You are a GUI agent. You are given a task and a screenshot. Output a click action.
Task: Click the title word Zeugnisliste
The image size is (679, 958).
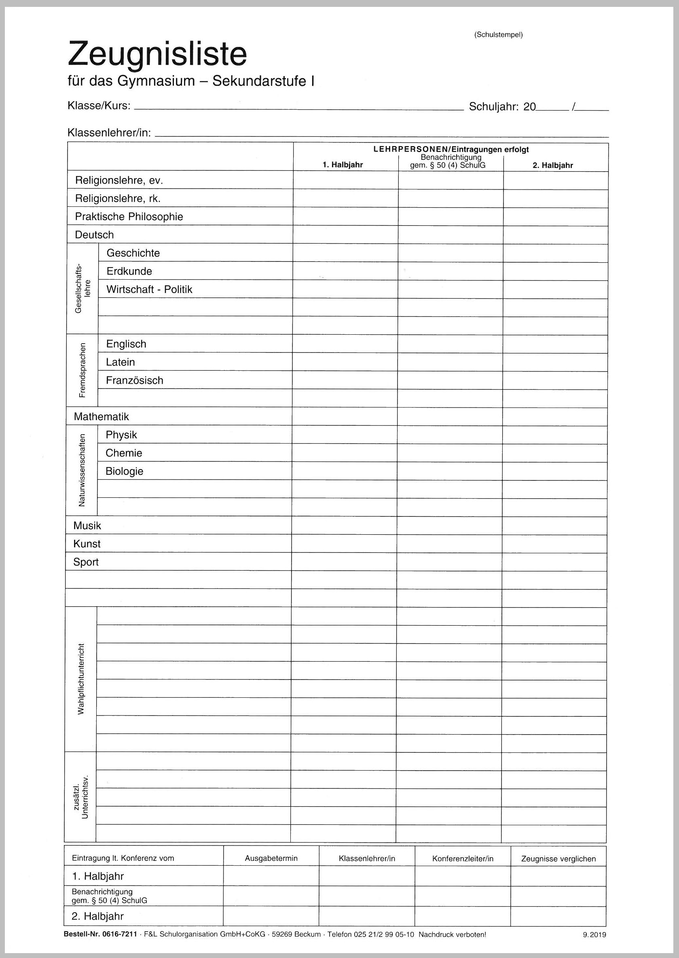tap(157, 54)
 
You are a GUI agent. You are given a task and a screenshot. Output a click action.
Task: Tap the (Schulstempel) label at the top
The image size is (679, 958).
tap(498, 35)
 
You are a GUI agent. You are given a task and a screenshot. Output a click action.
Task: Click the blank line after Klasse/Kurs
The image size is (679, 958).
tap(298, 107)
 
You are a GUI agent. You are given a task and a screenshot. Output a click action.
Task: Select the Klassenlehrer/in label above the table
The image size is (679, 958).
tap(109, 133)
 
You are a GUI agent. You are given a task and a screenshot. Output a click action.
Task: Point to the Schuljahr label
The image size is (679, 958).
tap(493, 107)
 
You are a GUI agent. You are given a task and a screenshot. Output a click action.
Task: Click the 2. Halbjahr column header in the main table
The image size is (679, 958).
tap(552, 165)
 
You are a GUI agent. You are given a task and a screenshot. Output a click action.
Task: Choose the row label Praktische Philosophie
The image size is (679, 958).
tap(129, 217)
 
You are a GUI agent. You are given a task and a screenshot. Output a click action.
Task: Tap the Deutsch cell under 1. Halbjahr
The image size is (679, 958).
tap(345, 235)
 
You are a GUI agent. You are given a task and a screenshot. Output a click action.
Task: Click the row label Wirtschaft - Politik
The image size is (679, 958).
tap(149, 289)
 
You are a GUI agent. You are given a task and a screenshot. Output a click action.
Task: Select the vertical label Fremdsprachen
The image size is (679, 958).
tap(82, 370)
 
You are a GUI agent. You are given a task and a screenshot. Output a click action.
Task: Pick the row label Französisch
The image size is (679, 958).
tap(134, 380)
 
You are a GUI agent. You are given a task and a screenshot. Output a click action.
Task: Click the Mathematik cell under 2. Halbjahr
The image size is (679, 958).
tap(554, 416)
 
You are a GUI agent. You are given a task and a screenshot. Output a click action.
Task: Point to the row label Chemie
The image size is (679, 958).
tap(124, 453)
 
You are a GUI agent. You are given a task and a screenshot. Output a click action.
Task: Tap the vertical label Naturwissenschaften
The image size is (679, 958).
tap(82, 470)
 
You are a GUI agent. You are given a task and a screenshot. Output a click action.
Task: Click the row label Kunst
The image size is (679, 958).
tap(87, 544)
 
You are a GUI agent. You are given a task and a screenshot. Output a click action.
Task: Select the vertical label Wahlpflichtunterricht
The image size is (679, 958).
tap(81, 679)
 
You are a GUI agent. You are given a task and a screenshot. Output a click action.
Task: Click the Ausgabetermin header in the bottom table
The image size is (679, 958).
tap(271, 858)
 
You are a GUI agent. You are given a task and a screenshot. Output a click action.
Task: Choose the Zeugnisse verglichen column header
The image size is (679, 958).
tap(558, 859)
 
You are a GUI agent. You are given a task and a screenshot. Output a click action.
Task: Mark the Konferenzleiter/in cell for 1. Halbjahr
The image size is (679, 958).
tap(462, 876)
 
